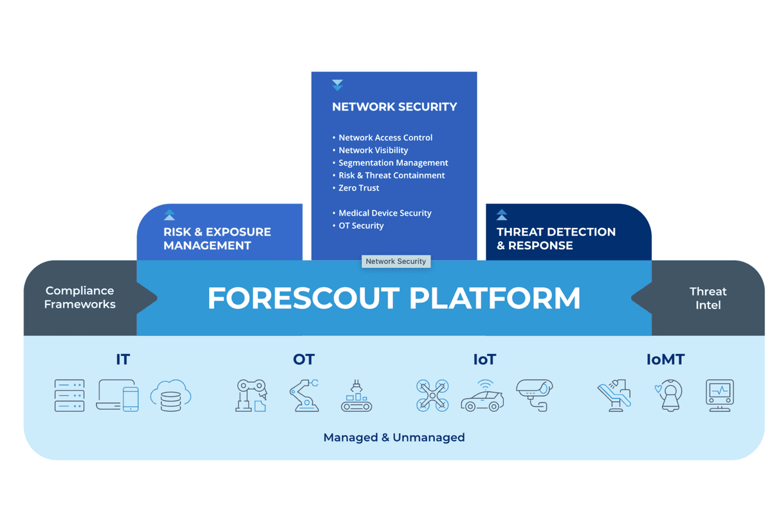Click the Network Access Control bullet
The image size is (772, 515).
[382, 138]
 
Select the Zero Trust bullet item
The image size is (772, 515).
[356, 188]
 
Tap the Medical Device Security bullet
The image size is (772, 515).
[382, 213]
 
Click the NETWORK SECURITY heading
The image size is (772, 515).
[394, 107]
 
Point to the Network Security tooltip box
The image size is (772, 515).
[396, 261]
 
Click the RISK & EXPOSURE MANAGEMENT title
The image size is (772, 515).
[217, 239]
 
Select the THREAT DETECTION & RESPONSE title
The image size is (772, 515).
[556, 239]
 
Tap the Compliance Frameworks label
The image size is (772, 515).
[80, 297]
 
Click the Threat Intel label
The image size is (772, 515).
[708, 298]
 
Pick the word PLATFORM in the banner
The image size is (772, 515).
[495, 298]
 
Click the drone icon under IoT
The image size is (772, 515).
[432, 396]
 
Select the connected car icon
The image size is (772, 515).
[482, 396]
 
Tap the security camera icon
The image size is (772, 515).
[535, 395]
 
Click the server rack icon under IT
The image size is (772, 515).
[69, 396]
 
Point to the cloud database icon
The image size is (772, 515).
[170, 396]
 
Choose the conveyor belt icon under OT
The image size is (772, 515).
[356, 396]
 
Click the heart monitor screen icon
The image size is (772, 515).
[720, 396]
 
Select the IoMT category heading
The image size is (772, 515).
[665, 360]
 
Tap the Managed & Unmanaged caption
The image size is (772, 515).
[394, 438]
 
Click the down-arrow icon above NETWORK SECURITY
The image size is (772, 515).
[337, 85]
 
